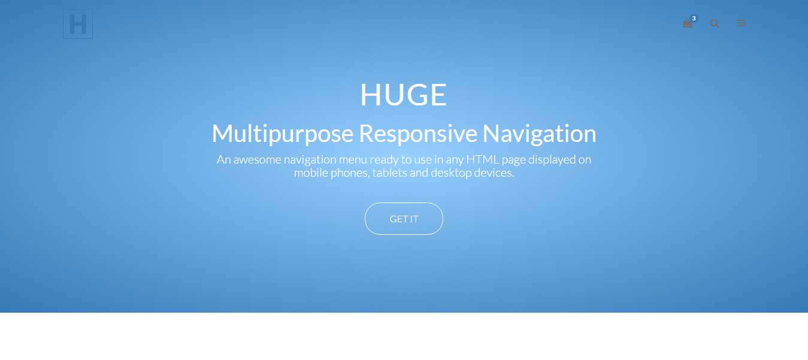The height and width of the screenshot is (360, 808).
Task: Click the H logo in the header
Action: [x=77, y=24]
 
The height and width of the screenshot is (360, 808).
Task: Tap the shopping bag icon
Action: [x=687, y=23]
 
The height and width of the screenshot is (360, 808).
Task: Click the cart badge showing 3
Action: [x=694, y=18]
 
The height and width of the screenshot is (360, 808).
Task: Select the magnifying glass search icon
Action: [x=715, y=23]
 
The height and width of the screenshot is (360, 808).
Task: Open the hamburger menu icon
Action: [x=740, y=23]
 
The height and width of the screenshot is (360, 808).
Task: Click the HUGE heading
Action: [x=404, y=95]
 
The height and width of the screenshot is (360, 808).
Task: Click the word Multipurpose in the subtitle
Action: [x=282, y=134]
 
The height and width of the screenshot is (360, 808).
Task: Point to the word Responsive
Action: [x=417, y=134]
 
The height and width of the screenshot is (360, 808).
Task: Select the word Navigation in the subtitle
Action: [x=539, y=134]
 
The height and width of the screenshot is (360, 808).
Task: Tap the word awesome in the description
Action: [x=257, y=159]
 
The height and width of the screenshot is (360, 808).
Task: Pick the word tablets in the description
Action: [x=389, y=173]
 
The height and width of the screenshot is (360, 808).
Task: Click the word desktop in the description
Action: [x=451, y=173]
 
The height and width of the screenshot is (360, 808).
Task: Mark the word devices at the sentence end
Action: [x=494, y=173]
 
